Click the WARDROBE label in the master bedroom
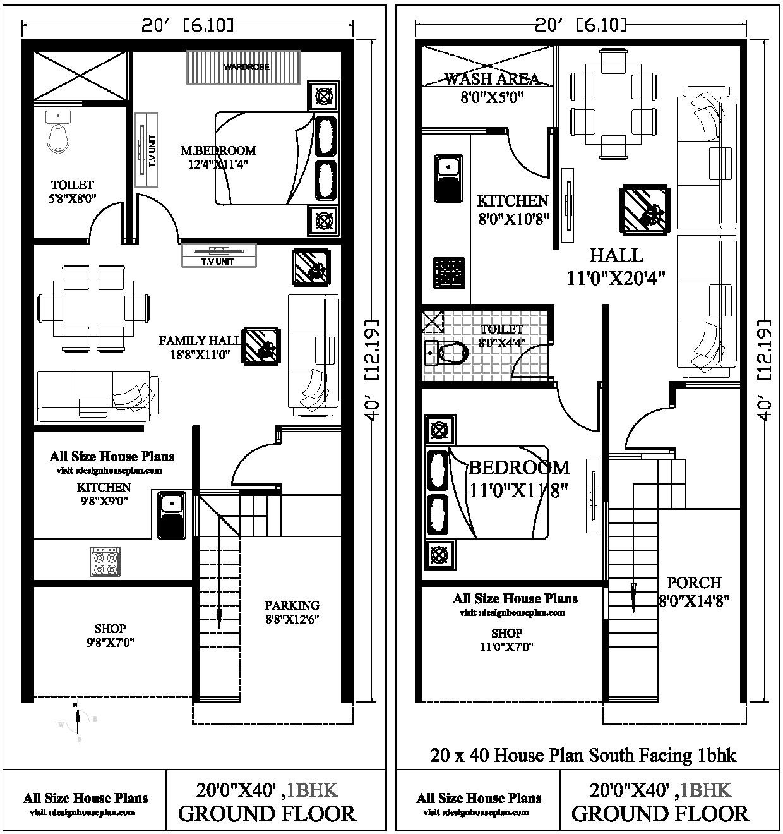tap(246, 66)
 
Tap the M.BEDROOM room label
tap(218, 150)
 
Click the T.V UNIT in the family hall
tap(219, 255)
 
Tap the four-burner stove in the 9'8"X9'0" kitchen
tap(105, 561)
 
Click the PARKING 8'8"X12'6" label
tap(292, 612)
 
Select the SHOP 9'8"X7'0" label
tap(110, 635)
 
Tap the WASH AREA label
tap(492, 79)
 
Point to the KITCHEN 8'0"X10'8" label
tap(513, 208)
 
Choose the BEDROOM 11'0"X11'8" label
tap(518, 478)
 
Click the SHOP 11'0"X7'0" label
tap(506, 639)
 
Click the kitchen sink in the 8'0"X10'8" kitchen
tap(448, 177)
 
